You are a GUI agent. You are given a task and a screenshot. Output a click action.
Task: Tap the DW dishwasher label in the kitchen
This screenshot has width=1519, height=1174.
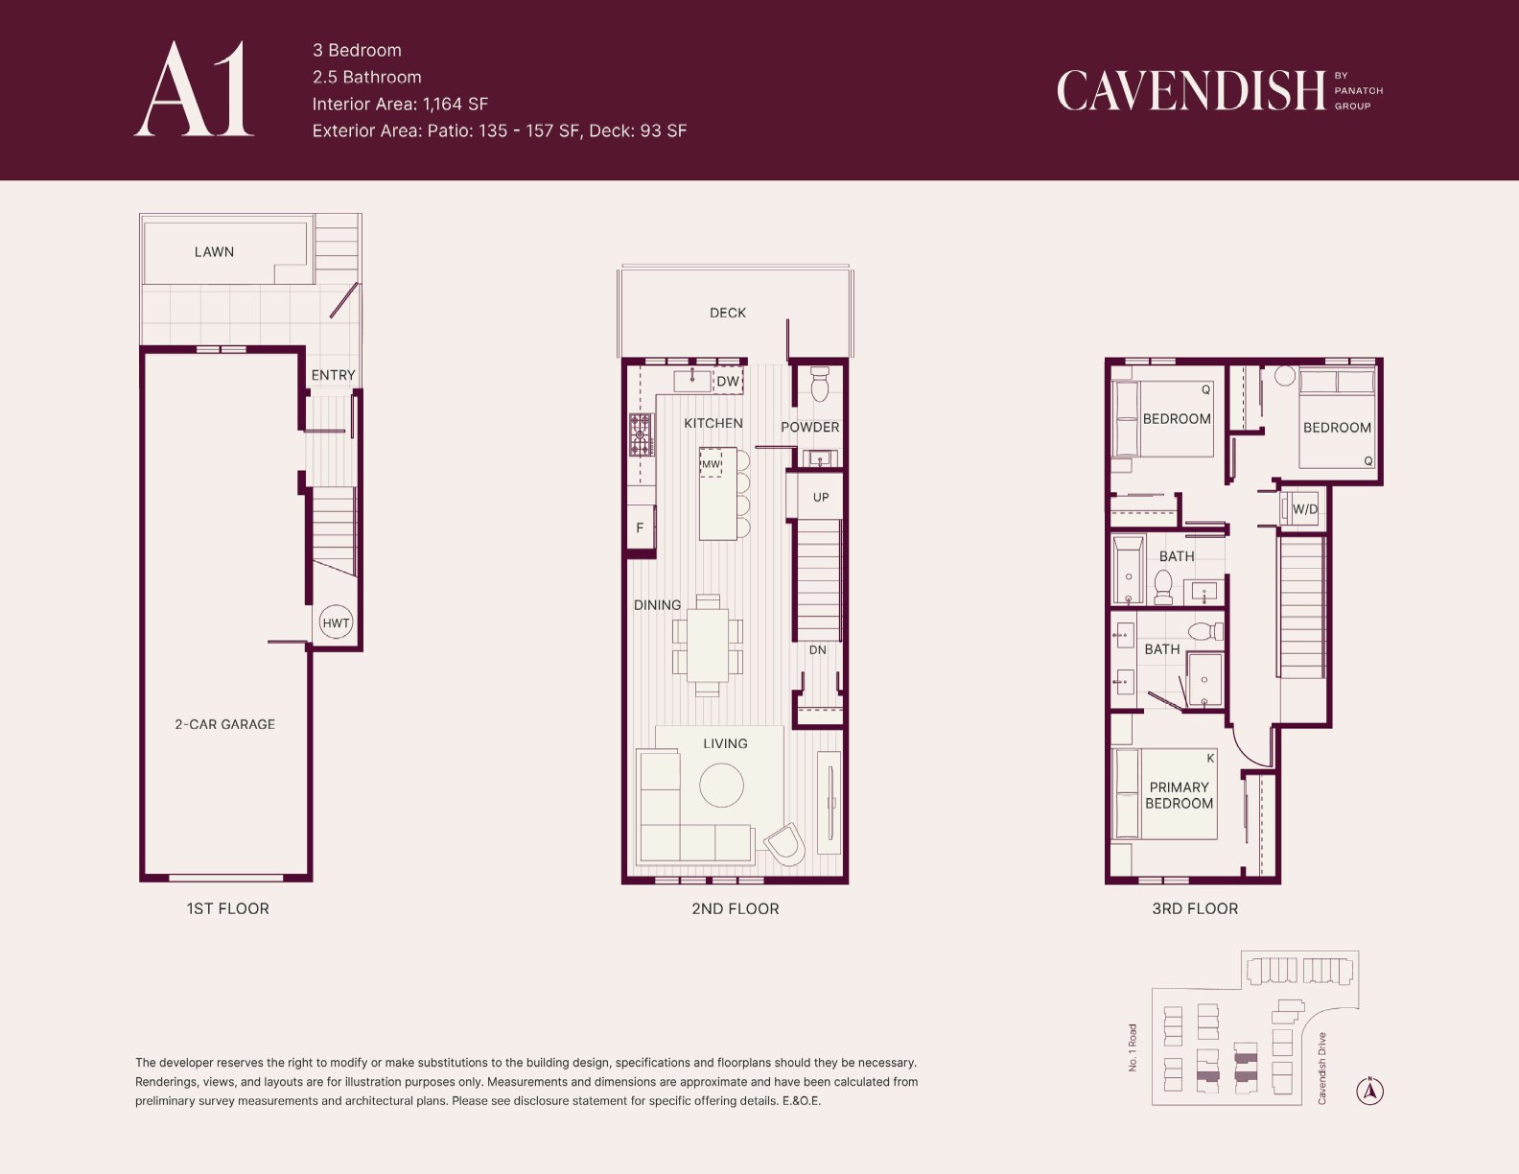coord(728,381)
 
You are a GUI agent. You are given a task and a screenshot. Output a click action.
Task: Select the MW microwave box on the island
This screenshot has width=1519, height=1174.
coord(711,463)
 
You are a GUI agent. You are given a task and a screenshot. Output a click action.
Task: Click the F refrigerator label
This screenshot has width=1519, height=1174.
coord(640,528)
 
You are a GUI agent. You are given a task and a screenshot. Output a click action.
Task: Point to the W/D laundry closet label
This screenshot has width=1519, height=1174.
coord(1304,509)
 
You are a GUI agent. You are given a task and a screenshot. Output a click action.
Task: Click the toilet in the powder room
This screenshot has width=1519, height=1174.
coord(819,384)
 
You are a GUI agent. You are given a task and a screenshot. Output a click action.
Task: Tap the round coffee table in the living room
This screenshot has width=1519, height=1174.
coord(721,786)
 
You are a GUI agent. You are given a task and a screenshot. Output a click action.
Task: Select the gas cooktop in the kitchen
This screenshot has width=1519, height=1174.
coord(641,434)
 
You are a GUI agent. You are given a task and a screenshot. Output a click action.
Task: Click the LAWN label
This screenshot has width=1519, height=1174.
coord(214,251)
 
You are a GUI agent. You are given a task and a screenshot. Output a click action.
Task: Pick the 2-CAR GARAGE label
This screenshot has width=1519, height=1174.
coord(225,724)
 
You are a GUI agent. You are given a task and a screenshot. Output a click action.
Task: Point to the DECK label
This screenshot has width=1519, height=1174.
coord(728,313)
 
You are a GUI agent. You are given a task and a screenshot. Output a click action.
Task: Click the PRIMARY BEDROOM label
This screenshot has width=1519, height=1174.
coord(1179,795)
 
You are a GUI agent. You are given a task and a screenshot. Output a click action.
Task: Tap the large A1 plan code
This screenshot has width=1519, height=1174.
coord(195,89)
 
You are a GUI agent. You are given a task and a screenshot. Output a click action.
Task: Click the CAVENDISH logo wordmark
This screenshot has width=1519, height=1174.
coord(1191,90)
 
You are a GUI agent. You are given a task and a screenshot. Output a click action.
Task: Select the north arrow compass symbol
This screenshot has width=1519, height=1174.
coord(1369,1091)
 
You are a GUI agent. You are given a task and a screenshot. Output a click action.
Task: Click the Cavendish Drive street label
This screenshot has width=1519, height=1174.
coord(1321,1068)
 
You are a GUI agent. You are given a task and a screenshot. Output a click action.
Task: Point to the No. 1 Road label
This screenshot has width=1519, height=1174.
coord(1133,1046)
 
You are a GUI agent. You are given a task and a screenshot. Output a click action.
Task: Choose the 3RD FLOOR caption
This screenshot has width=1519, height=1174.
coord(1195,908)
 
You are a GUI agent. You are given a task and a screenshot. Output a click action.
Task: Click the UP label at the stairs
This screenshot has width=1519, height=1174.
coord(821,497)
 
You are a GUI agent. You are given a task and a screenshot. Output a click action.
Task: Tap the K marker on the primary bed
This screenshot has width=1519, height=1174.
coord(1210,758)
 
